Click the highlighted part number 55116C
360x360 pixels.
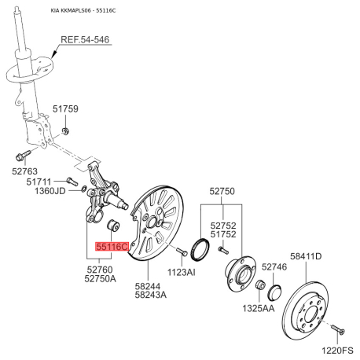click(x=112, y=247)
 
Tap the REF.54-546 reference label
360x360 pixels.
click(x=85, y=39)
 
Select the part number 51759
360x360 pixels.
click(x=65, y=108)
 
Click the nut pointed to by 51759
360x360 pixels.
click(x=65, y=130)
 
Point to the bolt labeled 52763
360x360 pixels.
click(x=23, y=155)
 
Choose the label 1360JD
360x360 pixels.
click(x=50, y=191)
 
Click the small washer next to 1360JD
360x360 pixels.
click(x=84, y=188)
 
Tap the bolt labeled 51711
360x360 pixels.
click(x=72, y=181)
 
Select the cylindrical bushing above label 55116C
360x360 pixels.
click(x=113, y=225)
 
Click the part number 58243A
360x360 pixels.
click(x=151, y=295)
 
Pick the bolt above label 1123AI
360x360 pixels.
click(x=182, y=252)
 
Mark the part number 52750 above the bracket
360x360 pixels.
click(x=222, y=191)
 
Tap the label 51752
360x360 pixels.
click(x=223, y=234)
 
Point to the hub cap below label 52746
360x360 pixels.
click(x=274, y=292)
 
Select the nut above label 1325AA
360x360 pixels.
click(x=260, y=285)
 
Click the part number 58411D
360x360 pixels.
click(x=306, y=256)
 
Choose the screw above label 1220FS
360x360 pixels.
click(x=338, y=329)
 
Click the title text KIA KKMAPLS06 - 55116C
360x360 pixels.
click(x=83, y=10)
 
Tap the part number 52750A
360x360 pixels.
click(x=100, y=279)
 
